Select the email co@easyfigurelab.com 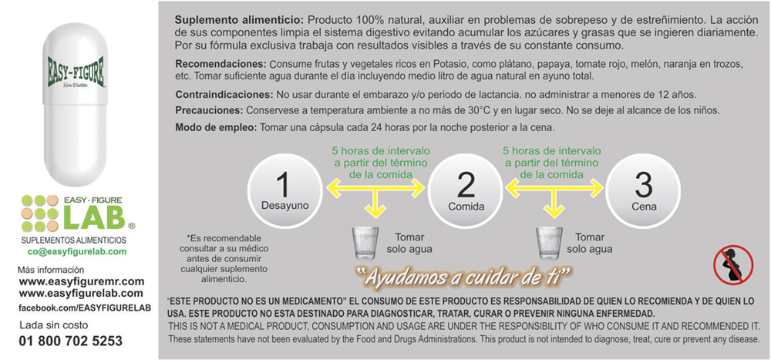pyautogui.click(x=76, y=252)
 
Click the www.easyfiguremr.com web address pyautogui.click(x=82, y=282)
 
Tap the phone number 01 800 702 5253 pyautogui.click(x=71, y=341)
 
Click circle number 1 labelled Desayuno pyautogui.click(x=284, y=191)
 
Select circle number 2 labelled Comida pyautogui.click(x=466, y=191)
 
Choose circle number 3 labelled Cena pyautogui.click(x=644, y=191)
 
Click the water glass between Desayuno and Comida pyautogui.click(x=366, y=243)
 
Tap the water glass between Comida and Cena pyautogui.click(x=549, y=243)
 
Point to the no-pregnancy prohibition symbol pyautogui.click(x=733, y=264)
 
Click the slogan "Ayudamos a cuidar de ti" pyautogui.click(x=462, y=278)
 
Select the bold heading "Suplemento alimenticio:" pyautogui.click(x=240, y=21)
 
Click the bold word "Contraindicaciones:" pyautogui.click(x=224, y=94)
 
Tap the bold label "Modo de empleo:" pyautogui.click(x=216, y=127)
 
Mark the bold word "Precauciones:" pyautogui.click(x=210, y=110)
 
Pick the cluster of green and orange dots pyautogui.click(x=40, y=214)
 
